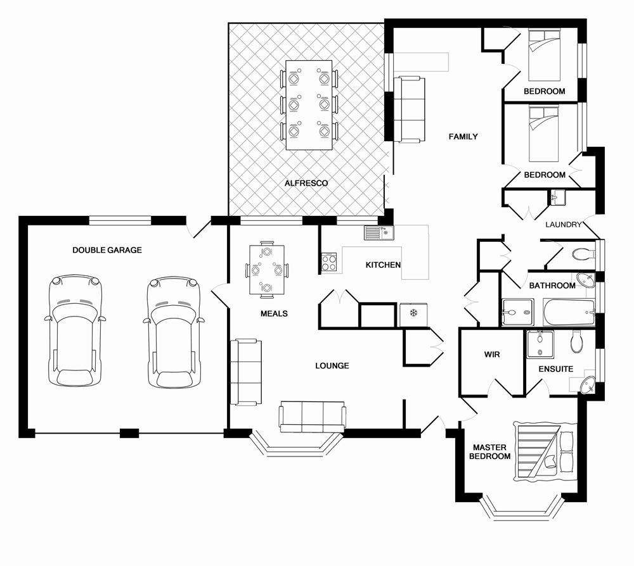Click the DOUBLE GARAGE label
(x=107, y=250)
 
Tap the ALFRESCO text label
(x=306, y=183)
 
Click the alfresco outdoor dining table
(x=309, y=104)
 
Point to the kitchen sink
(x=378, y=233)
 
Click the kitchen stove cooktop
(x=329, y=262)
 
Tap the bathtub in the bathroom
(x=569, y=312)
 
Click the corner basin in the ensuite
(x=586, y=384)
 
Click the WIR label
(x=491, y=355)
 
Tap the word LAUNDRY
(x=564, y=224)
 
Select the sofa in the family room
(x=408, y=109)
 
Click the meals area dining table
(x=266, y=270)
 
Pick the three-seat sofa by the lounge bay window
(x=313, y=417)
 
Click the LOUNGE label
(x=332, y=365)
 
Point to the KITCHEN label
(x=383, y=265)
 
